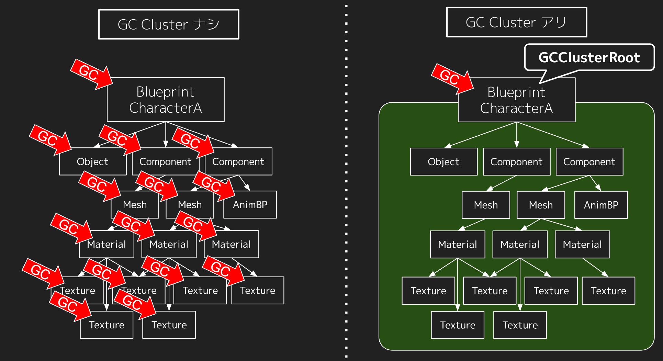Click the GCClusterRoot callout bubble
click(x=589, y=57)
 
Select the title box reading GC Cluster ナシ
click(x=169, y=24)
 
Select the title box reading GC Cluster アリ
click(x=516, y=22)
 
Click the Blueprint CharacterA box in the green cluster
click(x=516, y=100)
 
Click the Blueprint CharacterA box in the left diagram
click(x=166, y=100)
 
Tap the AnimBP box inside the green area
click(x=601, y=205)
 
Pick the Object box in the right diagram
click(x=443, y=162)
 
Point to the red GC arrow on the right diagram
click(x=451, y=78)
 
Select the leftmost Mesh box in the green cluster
click(x=485, y=205)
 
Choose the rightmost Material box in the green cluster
click(x=582, y=245)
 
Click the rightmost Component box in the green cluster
click(x=589, y=162)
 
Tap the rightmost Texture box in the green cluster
click(x=608, y=291)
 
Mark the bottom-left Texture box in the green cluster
click(x=458, y=325)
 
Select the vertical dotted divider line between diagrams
click(x=346, y=180)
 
